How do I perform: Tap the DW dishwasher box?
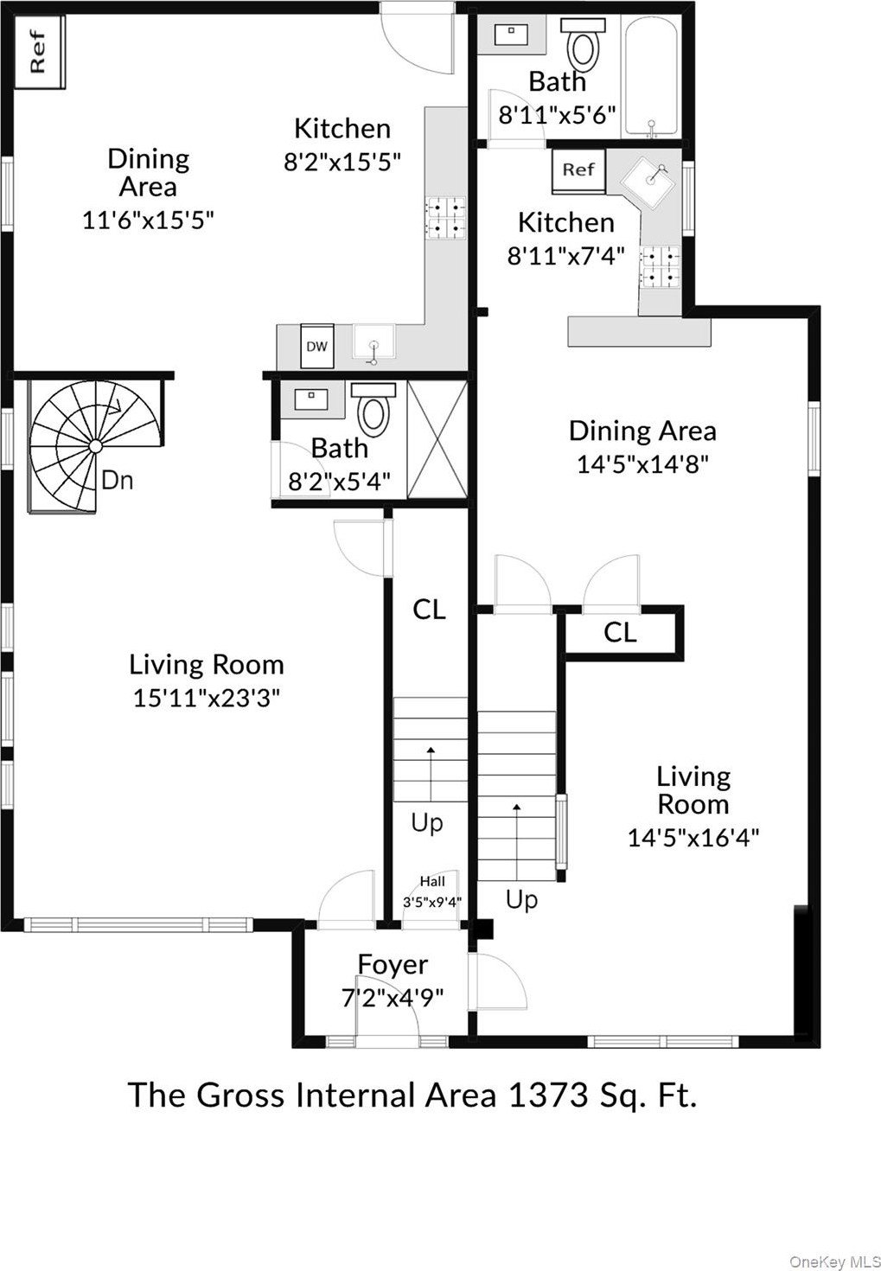[316, 346]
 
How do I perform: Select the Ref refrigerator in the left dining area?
[39, 52]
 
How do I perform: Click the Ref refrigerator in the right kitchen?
[578, 169]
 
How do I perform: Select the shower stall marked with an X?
[437, 440]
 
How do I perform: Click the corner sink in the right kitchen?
[650, 179]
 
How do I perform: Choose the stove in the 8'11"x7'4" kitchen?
[661, 266]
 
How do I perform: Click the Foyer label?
[393, 964]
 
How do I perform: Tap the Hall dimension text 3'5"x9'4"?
[432, 902]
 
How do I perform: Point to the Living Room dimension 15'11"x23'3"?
[207, 698]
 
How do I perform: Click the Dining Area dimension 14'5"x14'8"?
[642, 464]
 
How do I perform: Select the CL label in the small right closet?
[620, 632]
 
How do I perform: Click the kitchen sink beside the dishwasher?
[373, 342]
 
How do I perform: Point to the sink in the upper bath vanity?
[512, 34]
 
